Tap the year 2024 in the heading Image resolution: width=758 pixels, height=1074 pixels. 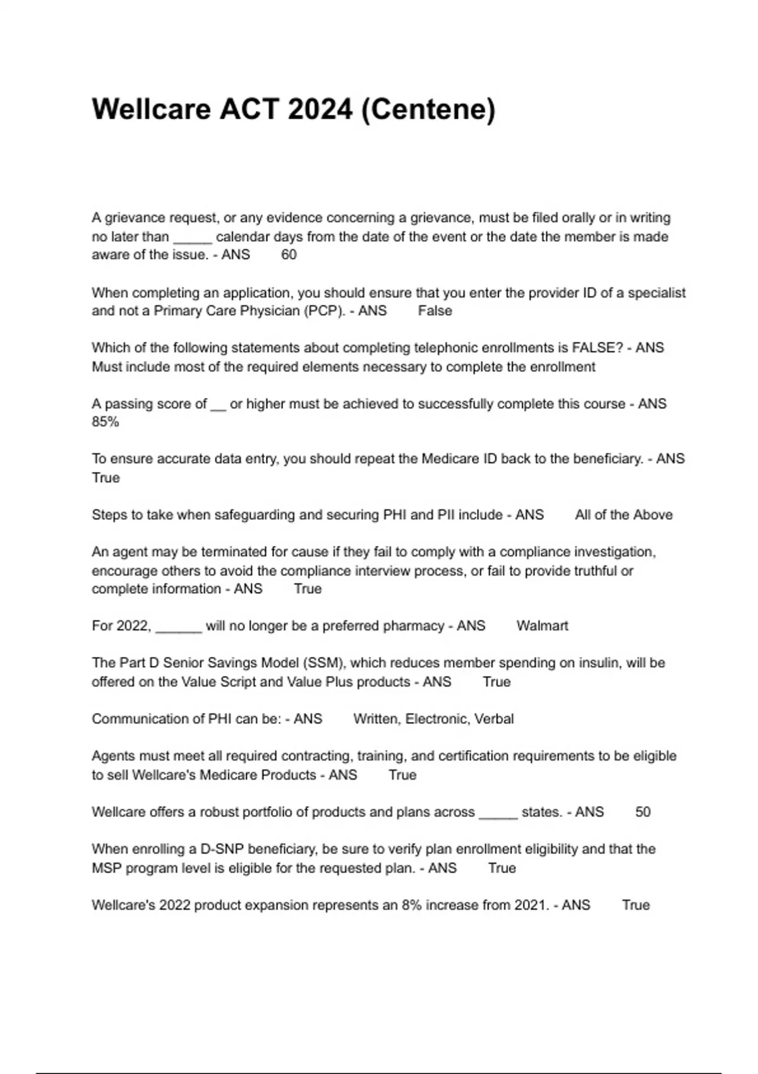coord(319,109)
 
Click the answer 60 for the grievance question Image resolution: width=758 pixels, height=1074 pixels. coord(289,255)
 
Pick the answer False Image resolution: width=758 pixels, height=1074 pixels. coord(435,311)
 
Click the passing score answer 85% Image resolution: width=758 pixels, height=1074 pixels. coord(105,422)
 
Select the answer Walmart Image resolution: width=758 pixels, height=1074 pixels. coord(542,626)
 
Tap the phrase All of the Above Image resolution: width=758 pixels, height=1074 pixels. coord(623,515)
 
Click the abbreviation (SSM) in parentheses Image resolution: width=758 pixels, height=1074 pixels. coord(323,663)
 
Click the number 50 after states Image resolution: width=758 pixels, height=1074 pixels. coord(642,812)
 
